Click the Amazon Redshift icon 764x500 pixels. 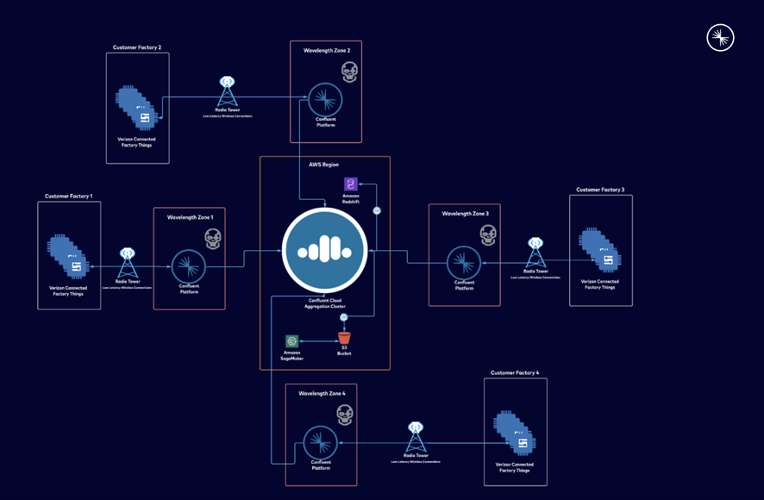pyautogui.click(x=351, y=184)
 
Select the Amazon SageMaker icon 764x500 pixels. pyautogui.click(x=292, y=341)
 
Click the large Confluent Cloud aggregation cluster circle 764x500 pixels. pyautogui.click(x=325, y=250)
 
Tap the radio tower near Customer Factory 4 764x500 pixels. pyautogui.click(x=416, y=437)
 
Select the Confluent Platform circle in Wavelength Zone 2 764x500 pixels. pyautogui.click(x=325, y=100)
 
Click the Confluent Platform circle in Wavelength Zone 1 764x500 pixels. pyautogui.click(x=188, y=266)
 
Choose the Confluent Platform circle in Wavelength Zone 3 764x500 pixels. pyautogui.click(x=464, y=263)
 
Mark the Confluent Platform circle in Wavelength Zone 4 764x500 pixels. pyautogui.click(x=321, y=443)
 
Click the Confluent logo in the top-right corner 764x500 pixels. pyautogui.click(x=720, y=38)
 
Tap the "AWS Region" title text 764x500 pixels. pyautogui.click(x=324, y=164)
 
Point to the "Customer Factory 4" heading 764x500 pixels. pyautogui.click(x=515, y=372)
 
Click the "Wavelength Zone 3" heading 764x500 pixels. pyautogui.click(x=465, y=212)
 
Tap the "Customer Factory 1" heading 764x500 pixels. pyautogui.click(x=69, y=197)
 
